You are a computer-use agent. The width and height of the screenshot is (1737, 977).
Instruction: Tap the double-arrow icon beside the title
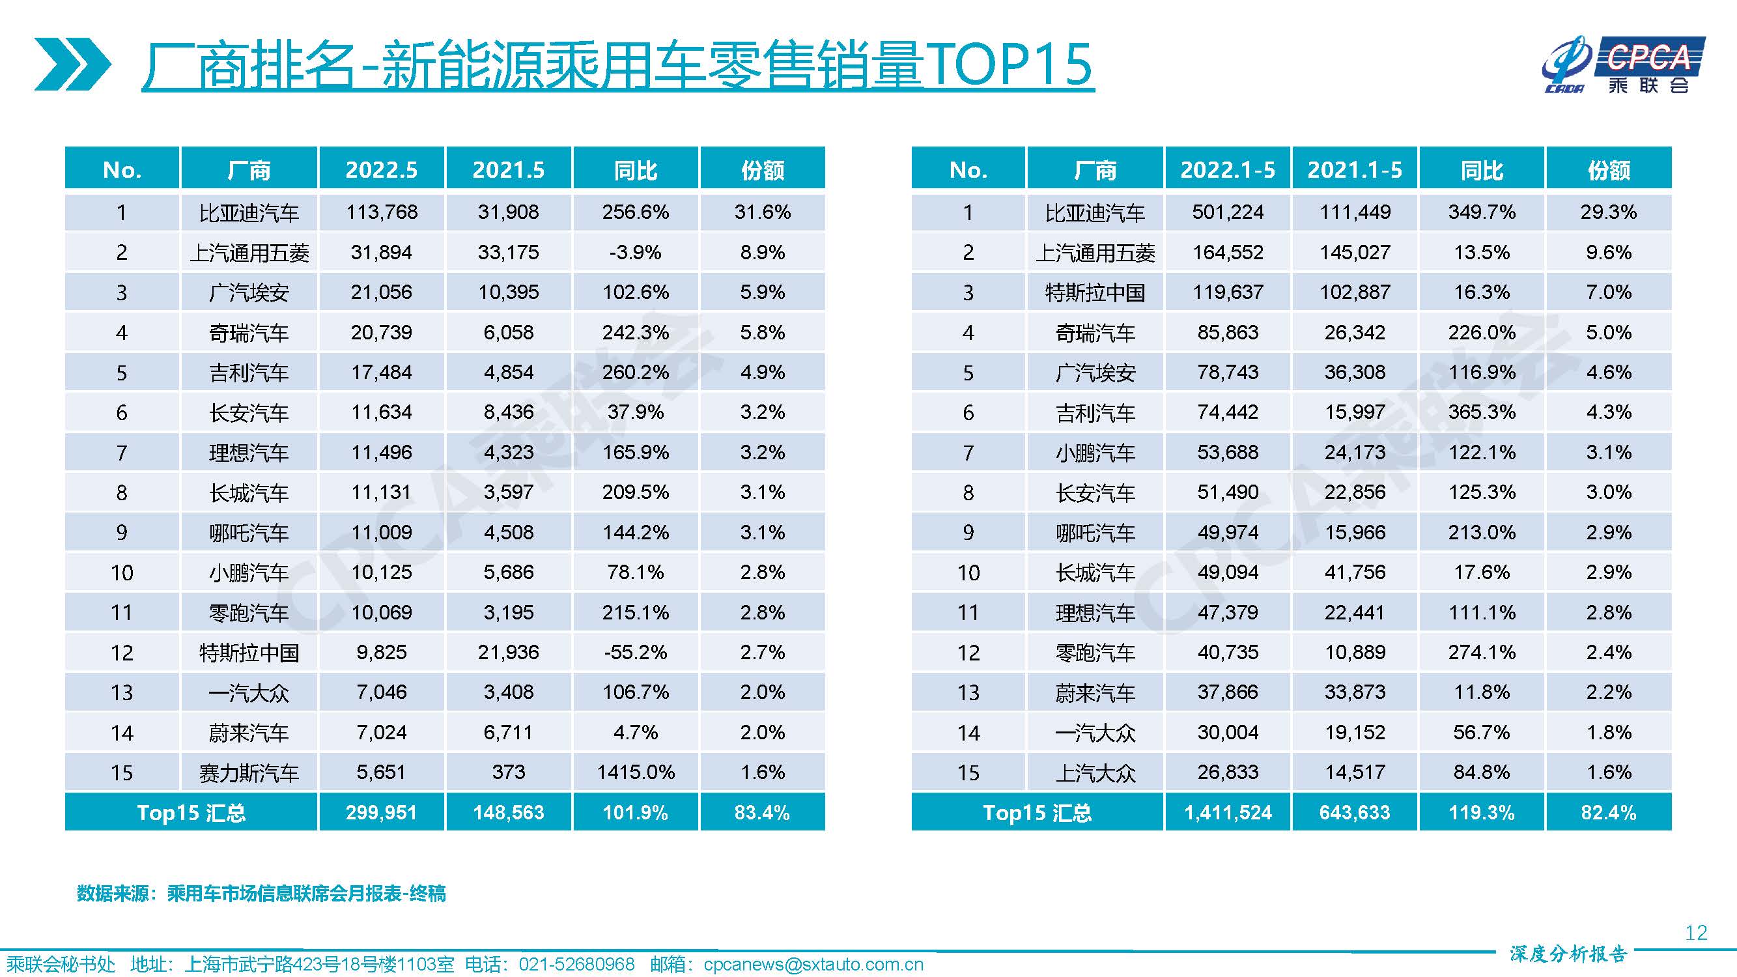pyautogui.click(x=73, y=64)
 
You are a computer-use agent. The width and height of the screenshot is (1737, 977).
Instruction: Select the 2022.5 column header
pyautogui.click(x=382, y=169)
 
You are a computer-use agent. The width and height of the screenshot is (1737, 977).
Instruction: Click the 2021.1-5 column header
pyautogui.click(x=1355, y=169)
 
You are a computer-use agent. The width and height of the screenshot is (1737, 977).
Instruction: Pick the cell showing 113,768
pyautogui.click(x=382, y=212)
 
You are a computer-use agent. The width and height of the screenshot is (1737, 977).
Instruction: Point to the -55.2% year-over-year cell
pyautogui.click(x=636, y=652)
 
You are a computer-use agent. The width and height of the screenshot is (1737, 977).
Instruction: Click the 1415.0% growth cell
pyautogui.click(x=636, y=772)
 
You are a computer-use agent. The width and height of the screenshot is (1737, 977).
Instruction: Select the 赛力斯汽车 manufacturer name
pyautogui.click(x=249, y=772)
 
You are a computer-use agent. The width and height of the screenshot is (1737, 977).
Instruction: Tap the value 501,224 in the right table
pyautogui.click(x=1228, y=212)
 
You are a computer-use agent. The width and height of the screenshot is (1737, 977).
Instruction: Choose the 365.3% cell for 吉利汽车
pyautogui.click(x=1482, y=412)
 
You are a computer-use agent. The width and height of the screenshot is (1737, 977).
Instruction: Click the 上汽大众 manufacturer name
pyautogui.click(x=1095, y=772)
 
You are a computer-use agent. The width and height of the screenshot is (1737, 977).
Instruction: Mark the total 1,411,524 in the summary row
pyautogui.click(x=1228, y=812)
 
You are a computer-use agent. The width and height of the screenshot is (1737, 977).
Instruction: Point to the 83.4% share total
pyautogui.click(x=762, y=812)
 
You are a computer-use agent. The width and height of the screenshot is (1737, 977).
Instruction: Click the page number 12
pyautogui.click(x=1696, y=933)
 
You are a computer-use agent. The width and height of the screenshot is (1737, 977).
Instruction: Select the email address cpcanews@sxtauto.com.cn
pyautogui.click(x=813, y=965)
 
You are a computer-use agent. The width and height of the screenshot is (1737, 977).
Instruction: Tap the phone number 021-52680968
pyautogui.click(x=576, y=964)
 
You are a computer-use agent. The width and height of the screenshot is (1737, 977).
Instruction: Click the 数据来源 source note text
pyautogui.click(x=261, y=894)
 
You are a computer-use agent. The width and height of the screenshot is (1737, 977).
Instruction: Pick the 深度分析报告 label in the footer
pyautogui.click(x=1568, y=954)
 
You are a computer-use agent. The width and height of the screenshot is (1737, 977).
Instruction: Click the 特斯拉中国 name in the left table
pyautogui.click(x=249, y=653)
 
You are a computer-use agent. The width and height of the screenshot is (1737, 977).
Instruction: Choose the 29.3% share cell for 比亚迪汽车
pyautogui.click(x=1609, y=212)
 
